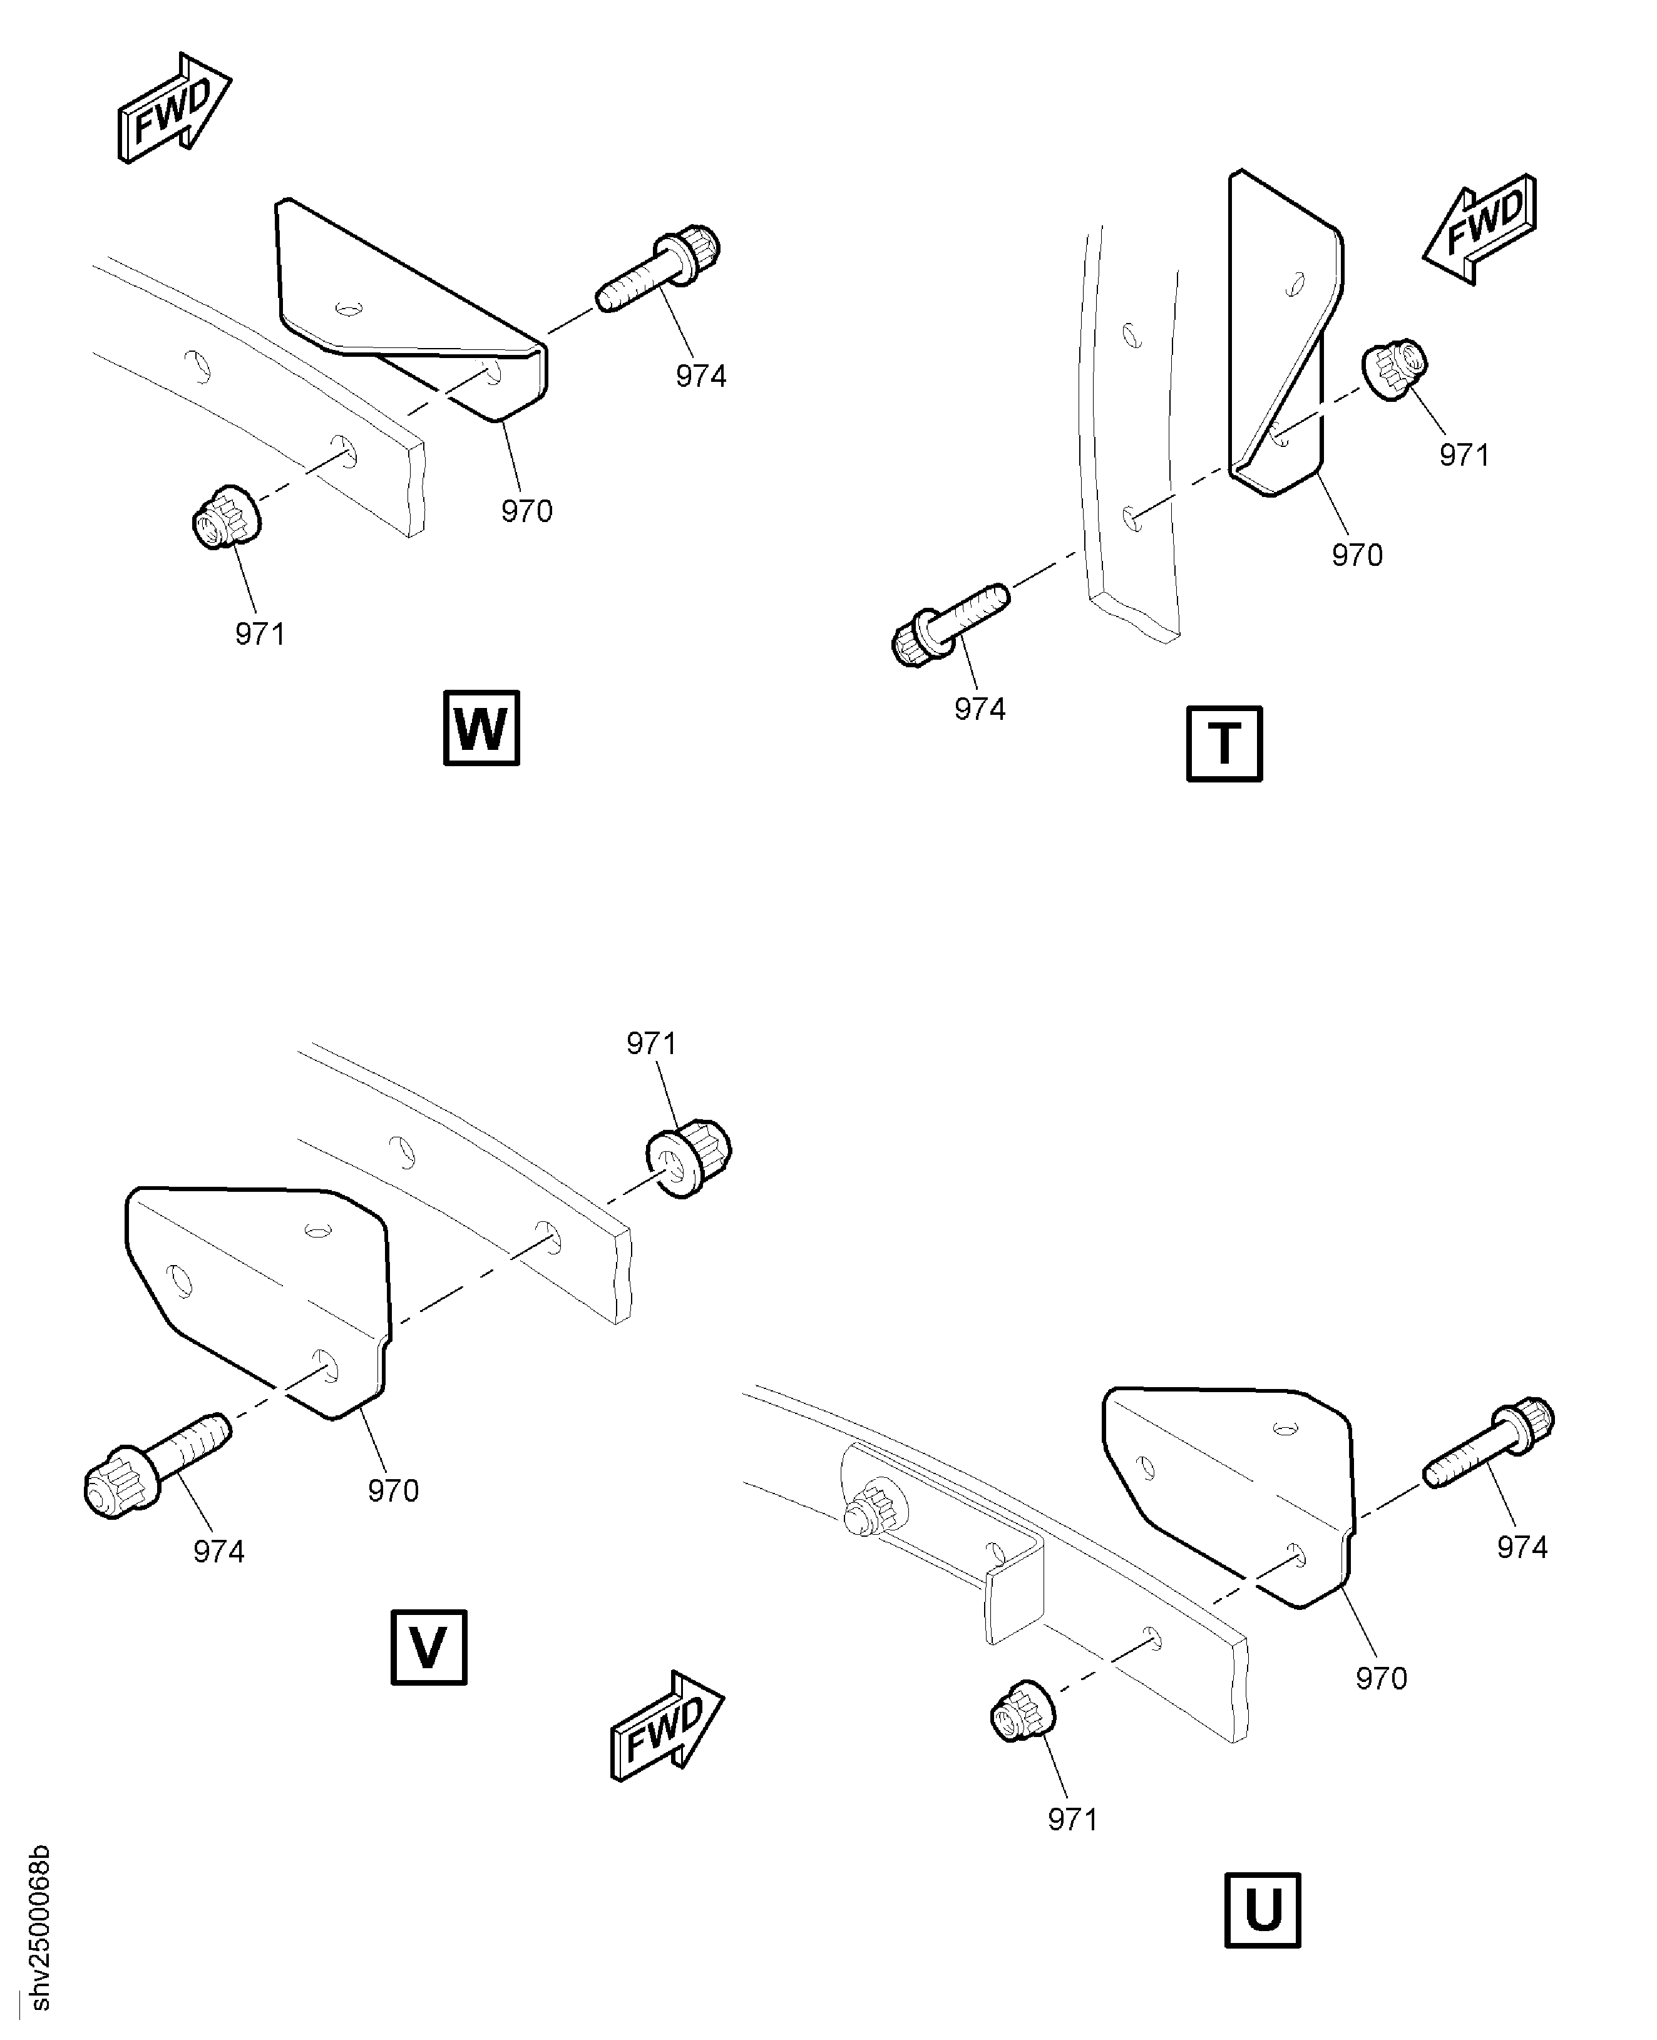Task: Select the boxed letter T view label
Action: [x=1224, y=744]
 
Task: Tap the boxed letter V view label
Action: [x=429, y=1647]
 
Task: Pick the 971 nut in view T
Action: [x=1395, y=369]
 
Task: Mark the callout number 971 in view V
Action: [x=651, y=1043]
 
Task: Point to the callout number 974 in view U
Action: [x=1521, y=1547]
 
